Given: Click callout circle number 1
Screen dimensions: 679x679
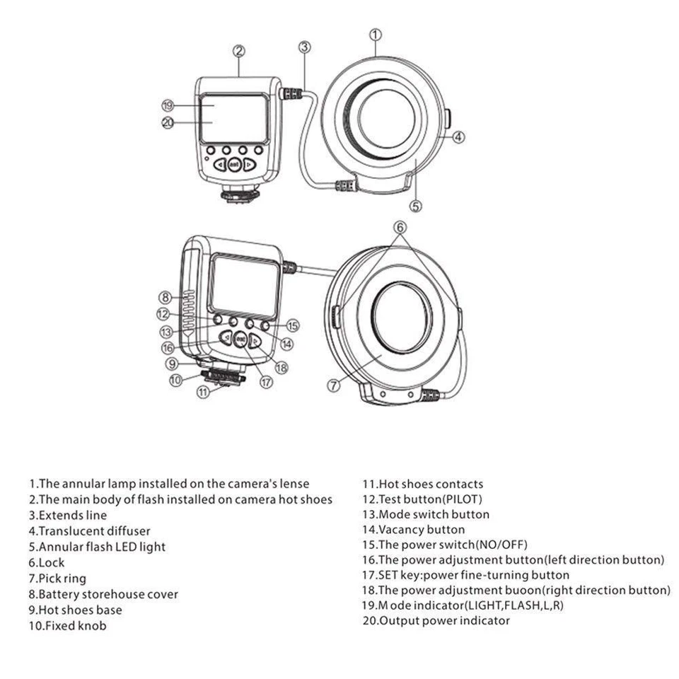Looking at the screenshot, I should point(376,33).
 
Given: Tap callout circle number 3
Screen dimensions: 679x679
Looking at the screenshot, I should point(304,47).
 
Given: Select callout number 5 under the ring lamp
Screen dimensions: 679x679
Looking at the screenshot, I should point(416,206).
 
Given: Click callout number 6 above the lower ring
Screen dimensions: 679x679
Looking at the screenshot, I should point(400,227).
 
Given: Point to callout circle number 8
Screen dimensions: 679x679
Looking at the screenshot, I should point(165,296).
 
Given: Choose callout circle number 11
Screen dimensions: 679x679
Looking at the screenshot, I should point(204,390).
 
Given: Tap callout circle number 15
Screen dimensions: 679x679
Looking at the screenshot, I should point(292,325).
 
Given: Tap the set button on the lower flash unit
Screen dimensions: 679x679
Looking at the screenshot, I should point(240,339).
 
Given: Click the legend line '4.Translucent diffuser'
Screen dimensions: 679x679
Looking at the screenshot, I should point(89,530).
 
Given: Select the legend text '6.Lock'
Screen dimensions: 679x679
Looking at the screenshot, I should point(47,562).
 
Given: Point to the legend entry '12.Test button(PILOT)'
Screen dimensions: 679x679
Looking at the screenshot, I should point(422,499).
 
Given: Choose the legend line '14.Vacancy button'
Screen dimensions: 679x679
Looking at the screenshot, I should point(414,529).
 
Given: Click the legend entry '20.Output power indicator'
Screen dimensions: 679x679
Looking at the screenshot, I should point(436,621).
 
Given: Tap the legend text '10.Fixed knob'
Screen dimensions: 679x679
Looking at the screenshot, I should point(68,625).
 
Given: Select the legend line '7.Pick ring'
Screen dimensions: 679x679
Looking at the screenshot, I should point(57,579).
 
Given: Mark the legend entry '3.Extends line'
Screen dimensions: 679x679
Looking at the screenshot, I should point(68,515).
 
